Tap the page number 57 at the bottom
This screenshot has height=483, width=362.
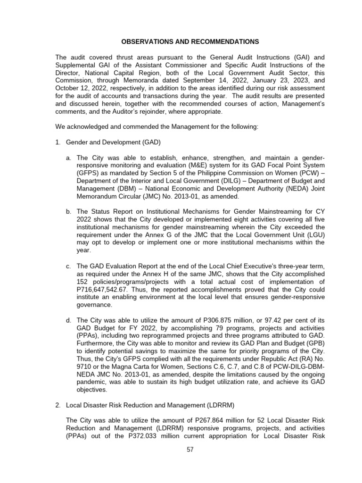coord(190,450)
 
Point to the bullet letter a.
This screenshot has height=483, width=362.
coord(69,157)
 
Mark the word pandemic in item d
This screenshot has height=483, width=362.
coord(93,383)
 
